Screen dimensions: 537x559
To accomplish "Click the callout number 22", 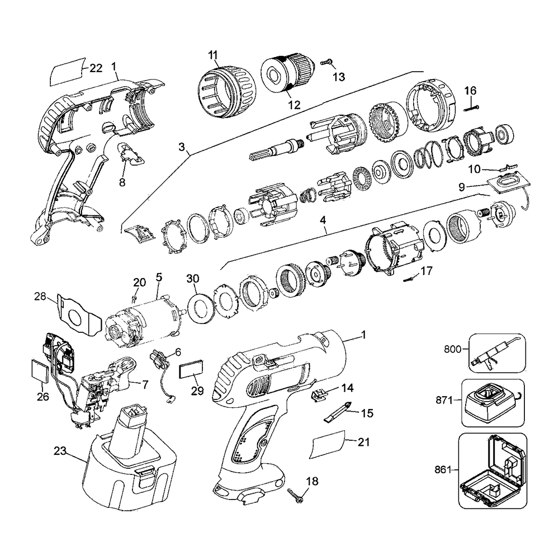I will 96,68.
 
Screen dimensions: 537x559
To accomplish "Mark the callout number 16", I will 470,90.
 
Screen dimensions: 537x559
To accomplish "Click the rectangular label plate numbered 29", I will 192,371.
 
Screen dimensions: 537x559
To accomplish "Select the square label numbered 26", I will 41,370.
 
